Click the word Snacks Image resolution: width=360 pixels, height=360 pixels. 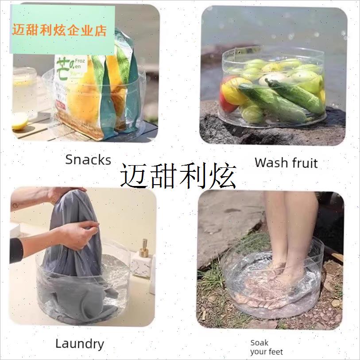click(x=88, y=159)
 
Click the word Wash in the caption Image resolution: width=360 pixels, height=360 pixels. click(x=271, y=162)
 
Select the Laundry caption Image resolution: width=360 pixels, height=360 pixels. click(x=80, y=343)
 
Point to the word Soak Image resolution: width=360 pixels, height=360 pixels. click(x=259, y=342)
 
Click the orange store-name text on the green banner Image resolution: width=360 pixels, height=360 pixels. click(x=60, y=30)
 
